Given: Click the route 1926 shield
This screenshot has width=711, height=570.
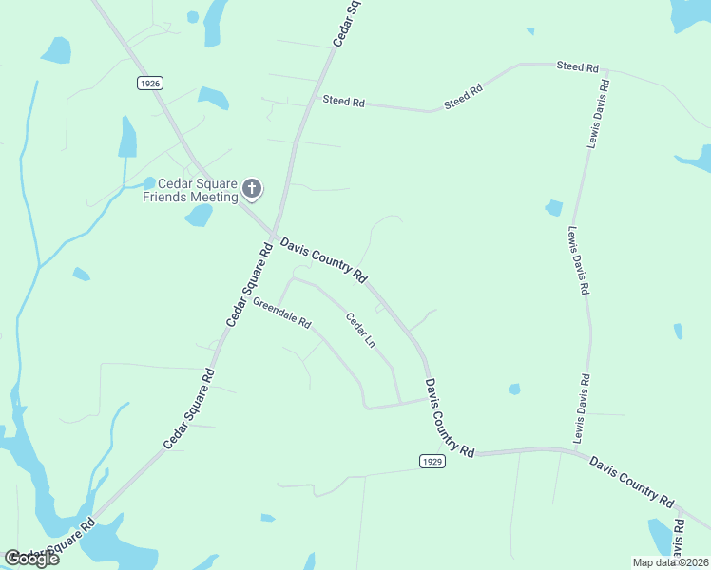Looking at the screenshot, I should point(149,84).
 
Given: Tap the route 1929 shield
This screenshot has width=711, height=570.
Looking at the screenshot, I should point(432,461).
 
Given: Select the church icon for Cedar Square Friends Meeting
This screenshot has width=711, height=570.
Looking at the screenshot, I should point(252,189).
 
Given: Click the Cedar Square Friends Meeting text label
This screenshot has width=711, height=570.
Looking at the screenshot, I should point(189,190).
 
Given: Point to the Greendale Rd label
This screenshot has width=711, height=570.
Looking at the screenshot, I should point(282,313).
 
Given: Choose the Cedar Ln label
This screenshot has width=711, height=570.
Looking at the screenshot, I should point(359,330).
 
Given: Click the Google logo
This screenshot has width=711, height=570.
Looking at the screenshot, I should point(31,559).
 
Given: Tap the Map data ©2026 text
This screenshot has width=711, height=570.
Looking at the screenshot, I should point(670,562).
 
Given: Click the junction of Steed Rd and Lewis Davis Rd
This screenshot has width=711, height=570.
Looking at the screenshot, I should point(606,69).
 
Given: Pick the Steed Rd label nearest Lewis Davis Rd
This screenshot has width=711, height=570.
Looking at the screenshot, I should point(577,67).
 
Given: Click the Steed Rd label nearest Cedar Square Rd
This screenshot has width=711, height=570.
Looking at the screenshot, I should point(343,101).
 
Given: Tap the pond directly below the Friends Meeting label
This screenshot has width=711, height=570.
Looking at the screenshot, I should point(199,216).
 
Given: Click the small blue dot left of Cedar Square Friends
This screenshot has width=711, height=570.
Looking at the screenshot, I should point(149,182).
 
